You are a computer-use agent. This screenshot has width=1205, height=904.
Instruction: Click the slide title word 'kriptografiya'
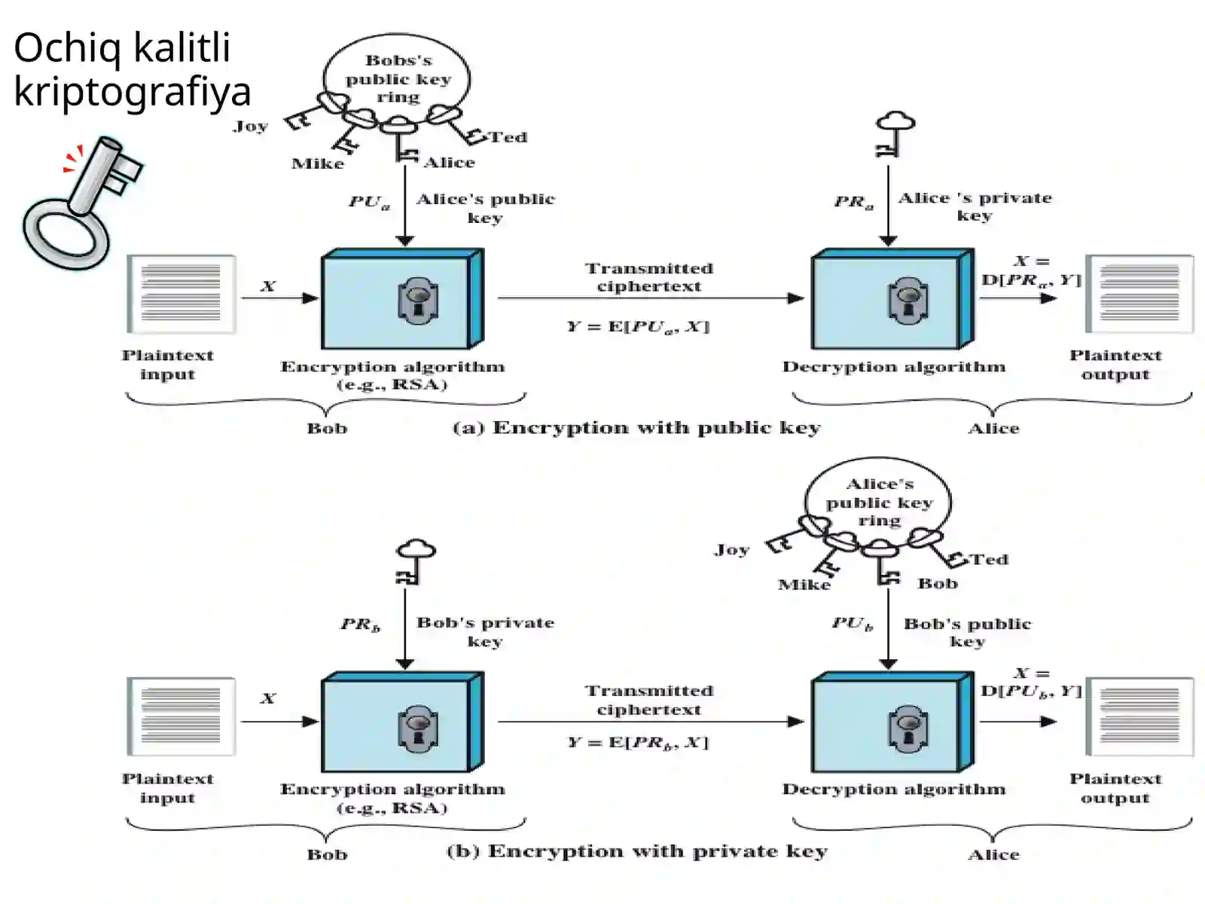click(133, 92)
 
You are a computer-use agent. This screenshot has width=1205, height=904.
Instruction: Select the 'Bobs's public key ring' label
click(398, 78)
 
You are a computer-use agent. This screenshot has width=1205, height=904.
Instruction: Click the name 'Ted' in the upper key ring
click(508, 136)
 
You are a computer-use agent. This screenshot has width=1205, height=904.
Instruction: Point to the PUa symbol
click(370, 201)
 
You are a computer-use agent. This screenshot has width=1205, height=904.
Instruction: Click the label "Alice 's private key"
click(975, 206)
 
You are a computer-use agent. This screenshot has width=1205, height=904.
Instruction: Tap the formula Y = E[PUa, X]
click(639, 327)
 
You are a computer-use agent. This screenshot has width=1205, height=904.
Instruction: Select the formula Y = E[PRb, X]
click(638, 743)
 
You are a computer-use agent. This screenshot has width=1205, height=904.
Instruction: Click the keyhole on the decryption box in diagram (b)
click(908, 729)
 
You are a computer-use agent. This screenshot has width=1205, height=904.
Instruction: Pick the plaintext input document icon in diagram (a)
click(182, 295)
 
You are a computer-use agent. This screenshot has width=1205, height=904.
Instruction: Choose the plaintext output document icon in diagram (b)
click(1139, 717)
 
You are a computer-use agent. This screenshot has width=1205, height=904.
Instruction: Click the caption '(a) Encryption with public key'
click(637, 428)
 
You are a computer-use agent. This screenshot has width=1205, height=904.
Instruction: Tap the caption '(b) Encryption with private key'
click(637, 851)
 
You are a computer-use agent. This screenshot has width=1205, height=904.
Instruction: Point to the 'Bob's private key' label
click(485, 632)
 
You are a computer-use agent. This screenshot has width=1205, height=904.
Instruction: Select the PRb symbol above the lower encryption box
click(361, 625)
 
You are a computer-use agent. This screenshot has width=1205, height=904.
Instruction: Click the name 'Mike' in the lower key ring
click(804, 585)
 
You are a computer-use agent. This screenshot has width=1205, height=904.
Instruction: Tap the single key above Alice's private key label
click(895, 134)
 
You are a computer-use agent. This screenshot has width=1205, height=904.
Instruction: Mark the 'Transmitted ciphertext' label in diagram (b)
click(649, 700)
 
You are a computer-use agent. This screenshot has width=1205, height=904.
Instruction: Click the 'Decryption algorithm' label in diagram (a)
click(894, 367)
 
